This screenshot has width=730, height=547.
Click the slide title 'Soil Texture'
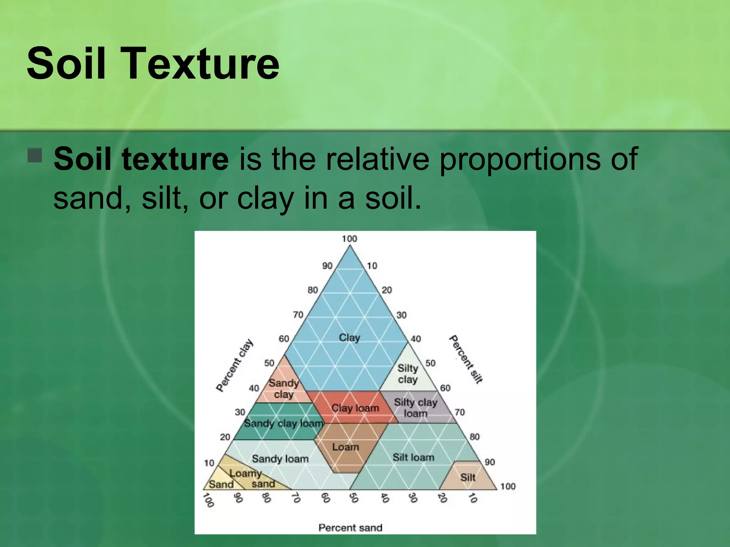[153, 63]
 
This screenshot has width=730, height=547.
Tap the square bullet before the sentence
[35, 155]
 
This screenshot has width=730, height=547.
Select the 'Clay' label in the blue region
[349, 337]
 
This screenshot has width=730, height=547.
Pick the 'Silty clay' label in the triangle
[407, 374]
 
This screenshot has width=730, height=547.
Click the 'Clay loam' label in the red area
[355, 408]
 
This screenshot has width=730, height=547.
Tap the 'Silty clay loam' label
[416, 408]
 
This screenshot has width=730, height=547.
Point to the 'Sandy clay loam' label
[283, 423]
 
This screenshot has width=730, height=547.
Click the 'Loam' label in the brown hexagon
[345, 447]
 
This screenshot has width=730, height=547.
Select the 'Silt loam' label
[413, 457]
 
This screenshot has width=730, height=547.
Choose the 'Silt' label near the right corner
[468, 477]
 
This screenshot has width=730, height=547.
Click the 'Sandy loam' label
[280, 459]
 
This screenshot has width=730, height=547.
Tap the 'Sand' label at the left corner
[221, 484]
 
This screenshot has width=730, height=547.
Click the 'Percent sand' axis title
[350, 527]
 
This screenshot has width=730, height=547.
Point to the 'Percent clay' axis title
[235, 365]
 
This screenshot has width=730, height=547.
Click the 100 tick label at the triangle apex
[349, 239]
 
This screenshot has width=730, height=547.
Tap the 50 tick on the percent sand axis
[353, 498]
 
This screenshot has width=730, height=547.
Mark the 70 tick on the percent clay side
[298, 314]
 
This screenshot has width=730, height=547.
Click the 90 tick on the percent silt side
[490, 462]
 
